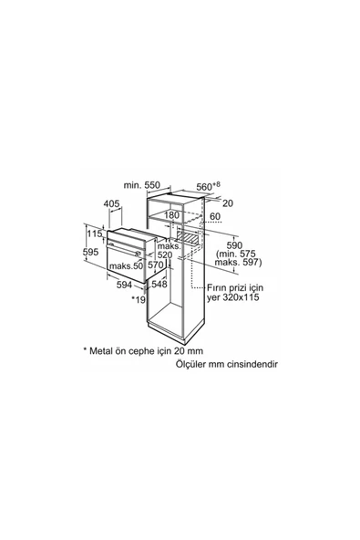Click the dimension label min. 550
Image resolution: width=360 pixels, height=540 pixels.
click(x=142, y=185)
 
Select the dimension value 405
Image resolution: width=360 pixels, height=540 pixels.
click(x=111, y=203)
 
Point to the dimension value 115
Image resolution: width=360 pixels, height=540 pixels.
click(x=95, y=234)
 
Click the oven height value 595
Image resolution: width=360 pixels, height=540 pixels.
click(x=91, y=252)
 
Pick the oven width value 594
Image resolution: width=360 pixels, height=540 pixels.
click(x=125, y=285)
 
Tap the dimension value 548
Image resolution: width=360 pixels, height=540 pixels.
click(x=159, y=284)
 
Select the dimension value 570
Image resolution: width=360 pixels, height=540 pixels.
click(x=155, y=265)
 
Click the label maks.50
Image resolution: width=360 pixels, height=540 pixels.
click(x=126, y=265)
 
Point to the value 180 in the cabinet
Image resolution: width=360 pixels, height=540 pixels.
click(x=171, y=215)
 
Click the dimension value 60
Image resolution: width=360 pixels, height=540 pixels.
click(x=215, y=216)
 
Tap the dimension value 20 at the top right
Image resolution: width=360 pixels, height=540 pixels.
click(x=228, y=203)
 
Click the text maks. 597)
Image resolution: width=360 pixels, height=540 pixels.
click(x=238, y=263)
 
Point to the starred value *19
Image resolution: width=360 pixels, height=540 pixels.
click(x=139, y=299)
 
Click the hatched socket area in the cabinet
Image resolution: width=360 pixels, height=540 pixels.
click(x=188, y=237)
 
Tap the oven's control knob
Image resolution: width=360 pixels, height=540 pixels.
click(x=139, y=254)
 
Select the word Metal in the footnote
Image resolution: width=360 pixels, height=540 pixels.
click(x=101, y=351)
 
